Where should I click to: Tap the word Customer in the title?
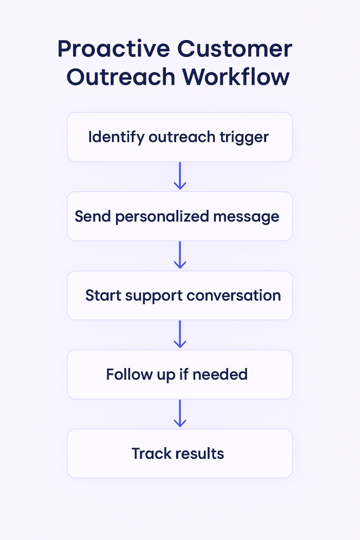pyautogui.click(x=234, y=49)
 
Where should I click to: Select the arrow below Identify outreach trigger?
pyautogui.click(x=180, y=176)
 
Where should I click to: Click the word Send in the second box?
pyautogui.click(x=90, y=216)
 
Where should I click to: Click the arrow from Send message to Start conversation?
pyautogui.click(x=180, y=255)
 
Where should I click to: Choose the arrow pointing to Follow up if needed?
pyautogui.click(x=180, y=334)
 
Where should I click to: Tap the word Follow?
pyautogui.click(x=125, y=374)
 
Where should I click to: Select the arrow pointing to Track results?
pyautogui.click(x=180, y=413)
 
